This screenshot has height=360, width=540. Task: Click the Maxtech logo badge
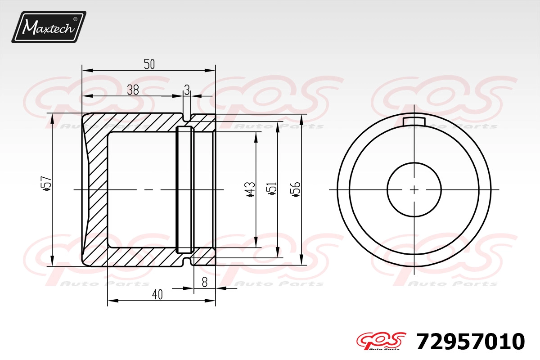coord(49,27)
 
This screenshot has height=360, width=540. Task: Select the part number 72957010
coord(471,342)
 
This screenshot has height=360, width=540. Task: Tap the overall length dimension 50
coord(149,64)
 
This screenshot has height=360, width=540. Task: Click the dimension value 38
coord(133,90)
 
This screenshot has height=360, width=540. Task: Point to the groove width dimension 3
coord(187,90)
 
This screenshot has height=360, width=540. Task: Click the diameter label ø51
coord(272,188)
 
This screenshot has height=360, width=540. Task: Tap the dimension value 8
coord(204,282)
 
